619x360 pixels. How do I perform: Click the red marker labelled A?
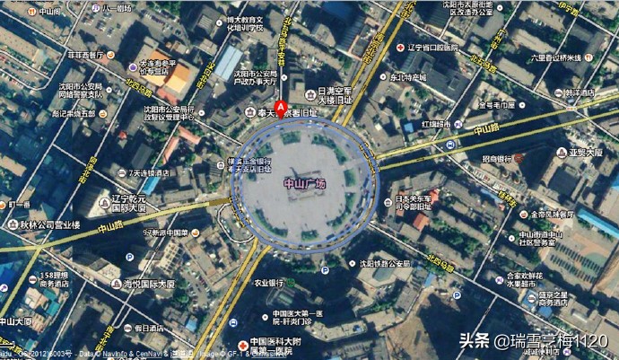click(280, 109)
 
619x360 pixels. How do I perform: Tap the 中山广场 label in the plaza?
click(305, 184)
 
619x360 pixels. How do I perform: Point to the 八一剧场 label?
click(117, 8)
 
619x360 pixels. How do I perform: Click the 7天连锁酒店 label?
click(153, 172)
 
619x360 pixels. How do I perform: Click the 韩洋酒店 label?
click(580, 92)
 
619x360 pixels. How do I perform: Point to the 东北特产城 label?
click(408, 77)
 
